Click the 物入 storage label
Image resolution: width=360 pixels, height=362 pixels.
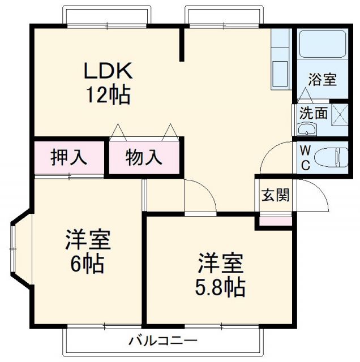[144, 158]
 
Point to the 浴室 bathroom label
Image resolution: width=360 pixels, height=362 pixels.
[322, 80]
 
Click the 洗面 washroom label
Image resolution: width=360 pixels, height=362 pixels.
[313, 113]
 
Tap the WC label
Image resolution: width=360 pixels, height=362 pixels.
[305, 158]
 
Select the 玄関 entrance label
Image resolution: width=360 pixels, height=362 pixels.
[275, 195]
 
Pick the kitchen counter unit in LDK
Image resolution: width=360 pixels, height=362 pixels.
[280, 62]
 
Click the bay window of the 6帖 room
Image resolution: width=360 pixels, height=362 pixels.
[17, 249]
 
